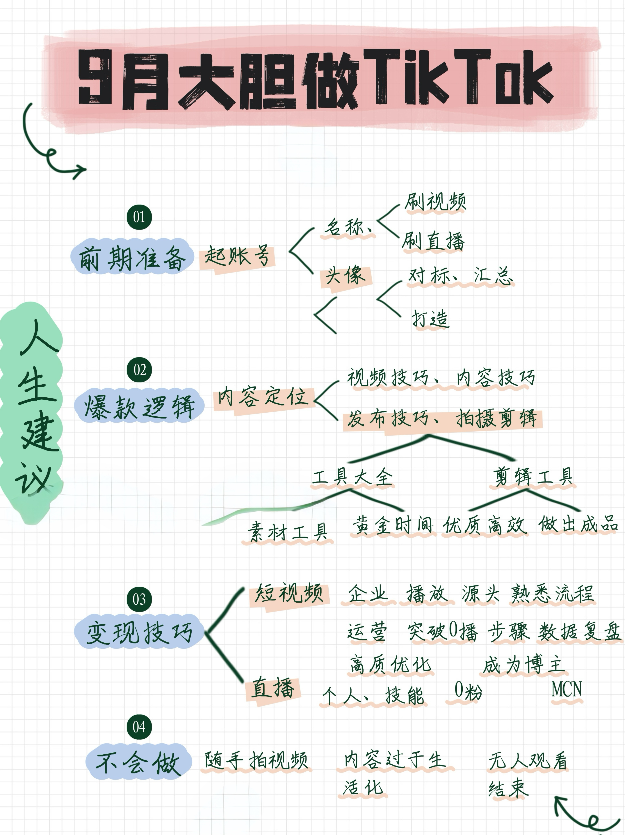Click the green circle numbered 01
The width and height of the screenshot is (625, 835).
(x=139, y=217)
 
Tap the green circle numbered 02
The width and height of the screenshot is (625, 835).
(x=139, y=370)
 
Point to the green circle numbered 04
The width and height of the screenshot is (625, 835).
(x=139, y=727)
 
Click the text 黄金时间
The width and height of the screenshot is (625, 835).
(x=393, y=526)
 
